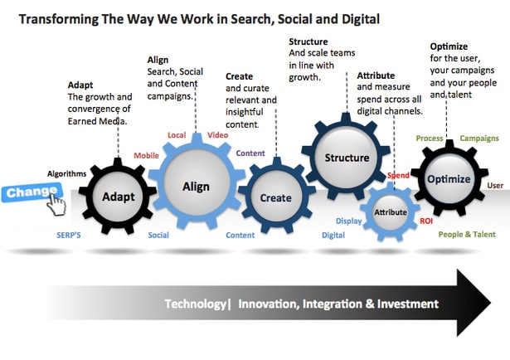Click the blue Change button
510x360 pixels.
click(x=21, y=193)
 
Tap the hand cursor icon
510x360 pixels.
click(x=55, y=203)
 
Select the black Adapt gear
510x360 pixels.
click(x=119, y=197)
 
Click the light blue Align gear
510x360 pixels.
click(x=196, y=186)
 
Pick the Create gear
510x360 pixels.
click(x=275, y=197)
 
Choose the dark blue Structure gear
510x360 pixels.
click(x=347, y=158)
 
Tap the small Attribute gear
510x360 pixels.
click(x=390, y=212)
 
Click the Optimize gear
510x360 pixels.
click(x=448, y=179)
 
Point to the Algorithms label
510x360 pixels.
click(x=66, y=173)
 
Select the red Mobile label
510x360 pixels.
click(x=146, y=155)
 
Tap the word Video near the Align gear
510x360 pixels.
click(x=218, y=135)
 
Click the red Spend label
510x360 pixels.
click(x=398, y=177)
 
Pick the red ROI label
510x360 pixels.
click(x=426, y=221)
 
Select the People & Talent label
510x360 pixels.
click(x=467, y=235)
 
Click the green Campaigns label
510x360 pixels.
click(x=478, y=138)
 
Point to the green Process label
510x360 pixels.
click(x=429, y=138)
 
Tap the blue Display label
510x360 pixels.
click(x=348, y=221)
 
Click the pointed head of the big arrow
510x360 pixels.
click(x=474, y=303)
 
